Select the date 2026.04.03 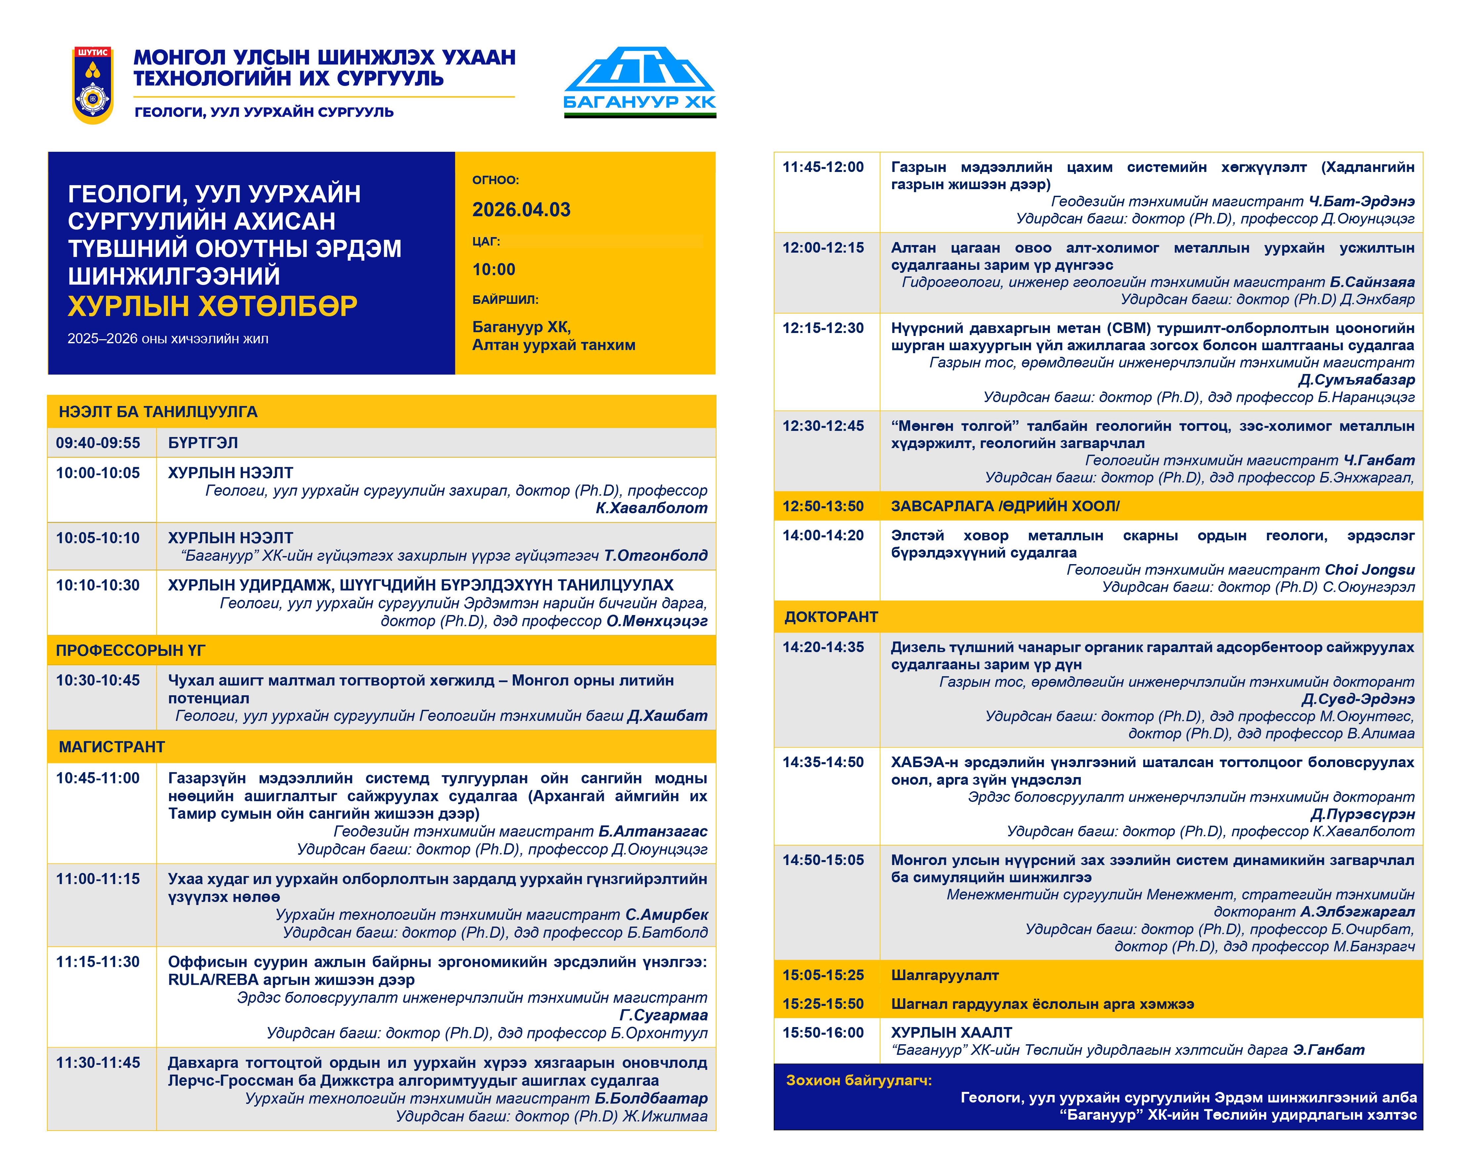pos(521,210)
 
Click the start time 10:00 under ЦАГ pos(494,269)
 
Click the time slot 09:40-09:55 pos(98,443)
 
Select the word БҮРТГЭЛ pos(203,443)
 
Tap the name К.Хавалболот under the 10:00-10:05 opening pos(651,508)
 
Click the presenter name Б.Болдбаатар pos(651,1098)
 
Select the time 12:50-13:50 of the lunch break pos(823,506)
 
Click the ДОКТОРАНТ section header pos(831,617)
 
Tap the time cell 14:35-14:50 pos(823,762)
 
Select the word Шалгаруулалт pos(944,975)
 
